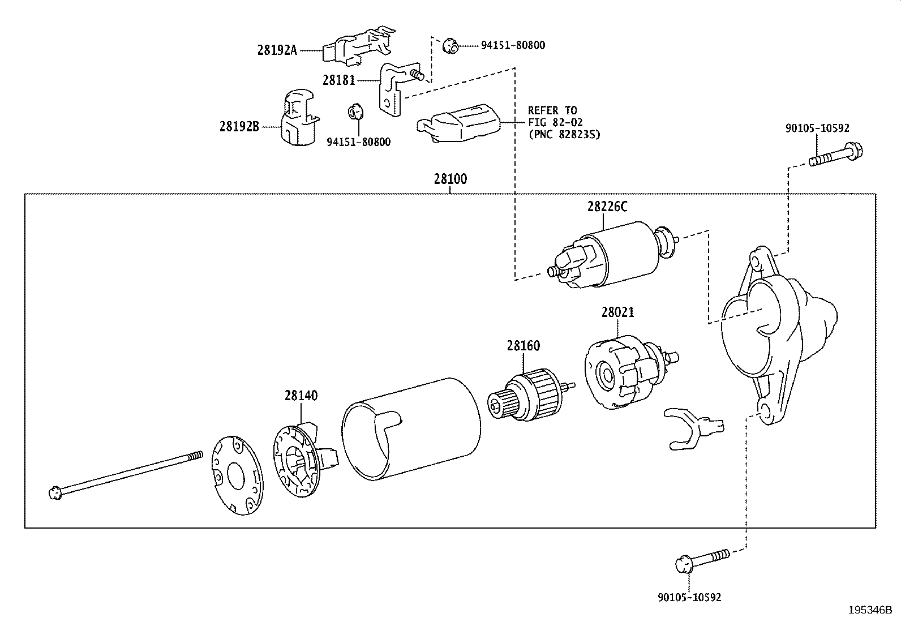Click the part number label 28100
(450, 179)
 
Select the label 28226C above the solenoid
(607, 207)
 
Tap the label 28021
(617, 312)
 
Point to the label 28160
(523, 346)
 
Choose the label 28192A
(277, 50)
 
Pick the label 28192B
(239, 127)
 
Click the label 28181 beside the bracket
(338, 80)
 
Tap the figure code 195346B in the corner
(869, 611)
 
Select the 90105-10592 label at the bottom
(689, 597)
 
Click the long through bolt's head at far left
(55, 492)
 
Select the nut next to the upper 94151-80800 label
(449, 45)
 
